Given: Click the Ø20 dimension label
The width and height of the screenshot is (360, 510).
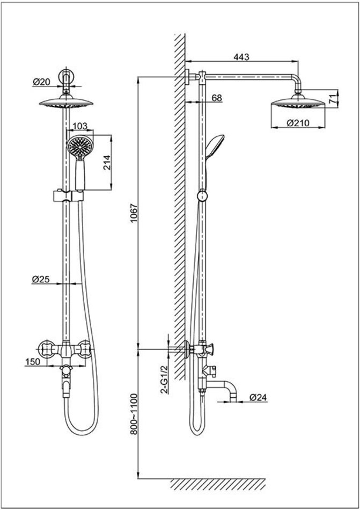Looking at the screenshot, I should tap(41, 82).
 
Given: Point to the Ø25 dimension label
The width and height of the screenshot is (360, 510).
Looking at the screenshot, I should tap(41, 279).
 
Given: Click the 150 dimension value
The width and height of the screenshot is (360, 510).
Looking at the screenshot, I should tap(33, 362).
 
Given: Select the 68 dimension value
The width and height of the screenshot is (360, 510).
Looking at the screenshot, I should tap(217, 98).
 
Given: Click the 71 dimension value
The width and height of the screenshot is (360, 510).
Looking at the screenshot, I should tap(332, 98).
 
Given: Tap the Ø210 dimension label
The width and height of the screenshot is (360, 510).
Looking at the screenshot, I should tap(297, 123).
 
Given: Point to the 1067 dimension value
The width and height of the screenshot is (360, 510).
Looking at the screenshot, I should tap(135, 214).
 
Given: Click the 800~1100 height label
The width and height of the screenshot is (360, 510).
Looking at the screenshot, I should tap(135, 413).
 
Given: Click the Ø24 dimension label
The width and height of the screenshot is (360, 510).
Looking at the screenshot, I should tap(258, 398).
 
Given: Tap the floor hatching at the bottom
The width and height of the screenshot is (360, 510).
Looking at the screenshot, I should tap(217, 483).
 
